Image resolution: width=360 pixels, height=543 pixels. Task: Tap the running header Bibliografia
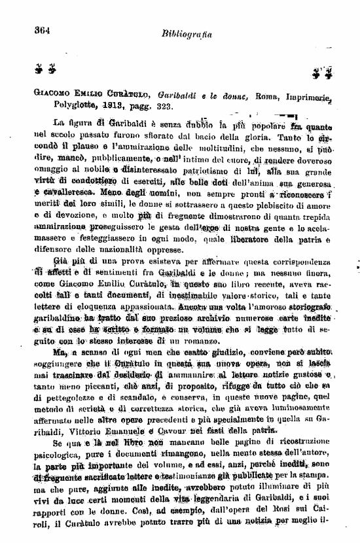[183, 33]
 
